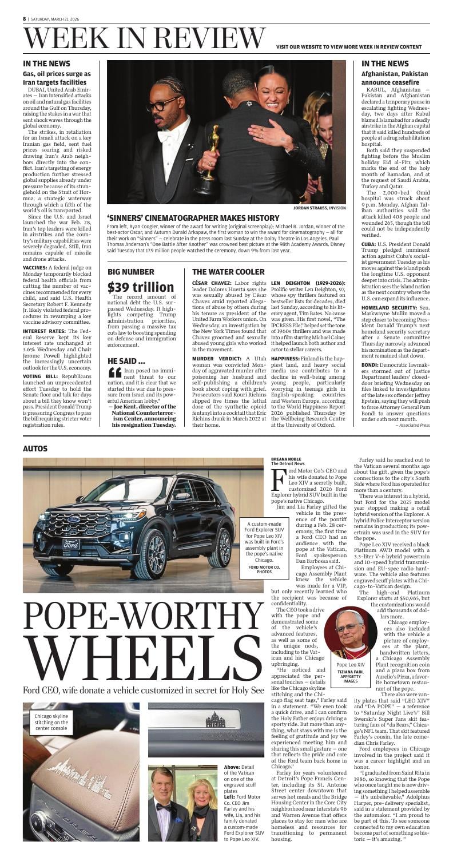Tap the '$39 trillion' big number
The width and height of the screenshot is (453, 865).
point(141,287)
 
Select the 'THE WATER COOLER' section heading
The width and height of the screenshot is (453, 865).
point(228,272)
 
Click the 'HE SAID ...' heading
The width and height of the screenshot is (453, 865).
point(126,360)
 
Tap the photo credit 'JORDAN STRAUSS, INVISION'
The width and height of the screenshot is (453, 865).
point(322,208)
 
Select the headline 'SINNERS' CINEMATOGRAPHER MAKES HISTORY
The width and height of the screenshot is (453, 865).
point(193,218)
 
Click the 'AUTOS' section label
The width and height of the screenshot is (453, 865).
point(35,449)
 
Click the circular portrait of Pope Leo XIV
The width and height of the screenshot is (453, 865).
point(350,626)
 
